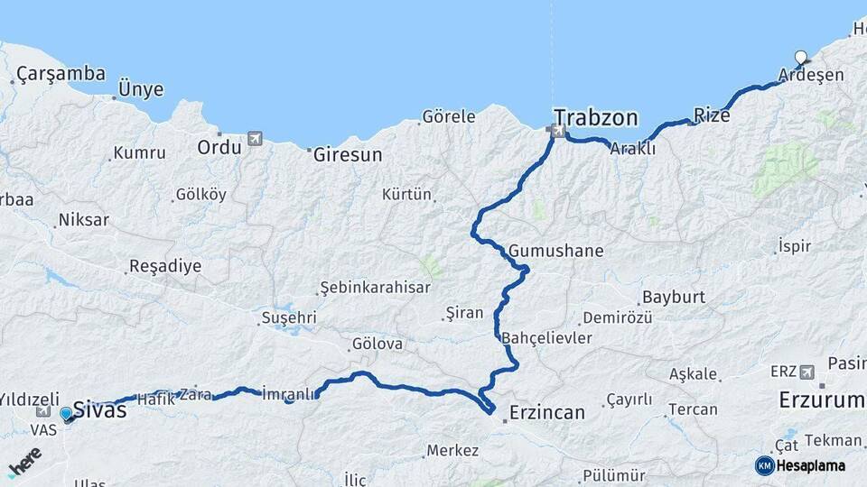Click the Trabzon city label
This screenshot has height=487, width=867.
click(596, 117)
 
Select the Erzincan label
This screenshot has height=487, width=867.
click(546, 412)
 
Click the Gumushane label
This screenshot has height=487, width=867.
click(555, 251)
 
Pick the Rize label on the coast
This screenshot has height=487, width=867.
click(712, 115)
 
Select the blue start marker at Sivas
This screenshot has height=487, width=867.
click(66, 414)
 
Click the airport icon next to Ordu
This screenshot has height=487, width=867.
click(255, 139)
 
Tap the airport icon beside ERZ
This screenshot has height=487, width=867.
click(806, 372)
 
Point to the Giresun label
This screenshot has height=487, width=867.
click(348, 155)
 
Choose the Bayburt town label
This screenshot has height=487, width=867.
click(672, 298)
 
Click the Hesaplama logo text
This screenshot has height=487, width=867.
click(810, 465)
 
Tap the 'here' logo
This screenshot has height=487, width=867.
click(24, 460)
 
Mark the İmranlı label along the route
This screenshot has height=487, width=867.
click(288, 393)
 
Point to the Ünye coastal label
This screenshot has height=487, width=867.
click(141, 89)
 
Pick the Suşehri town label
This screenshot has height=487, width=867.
click(288, 317)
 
